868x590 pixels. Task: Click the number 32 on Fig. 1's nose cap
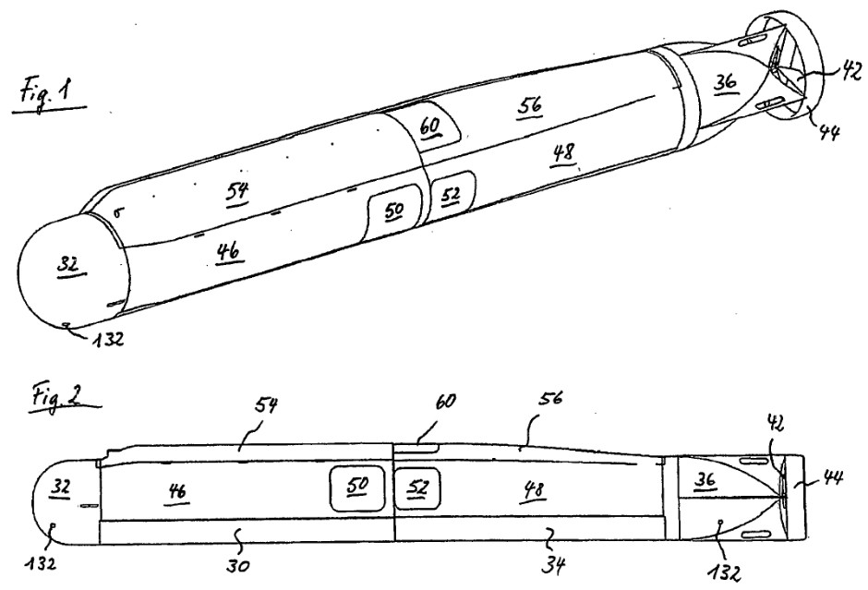click(x=67, y=265)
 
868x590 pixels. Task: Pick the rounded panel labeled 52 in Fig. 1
click(x=452, y=197)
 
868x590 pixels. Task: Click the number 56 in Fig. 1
click(x=530, y=105)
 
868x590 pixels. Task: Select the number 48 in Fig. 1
click(x=563, y=152)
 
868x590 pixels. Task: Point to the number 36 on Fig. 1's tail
click(x=725, y=82)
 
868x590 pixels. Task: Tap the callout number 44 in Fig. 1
click(x=828, y=132)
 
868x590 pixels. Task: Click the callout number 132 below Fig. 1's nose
click(x=107, y=338)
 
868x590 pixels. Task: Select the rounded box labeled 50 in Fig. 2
click(x=357, y=488)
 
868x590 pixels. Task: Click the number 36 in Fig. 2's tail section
click(x=705, y=479)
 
